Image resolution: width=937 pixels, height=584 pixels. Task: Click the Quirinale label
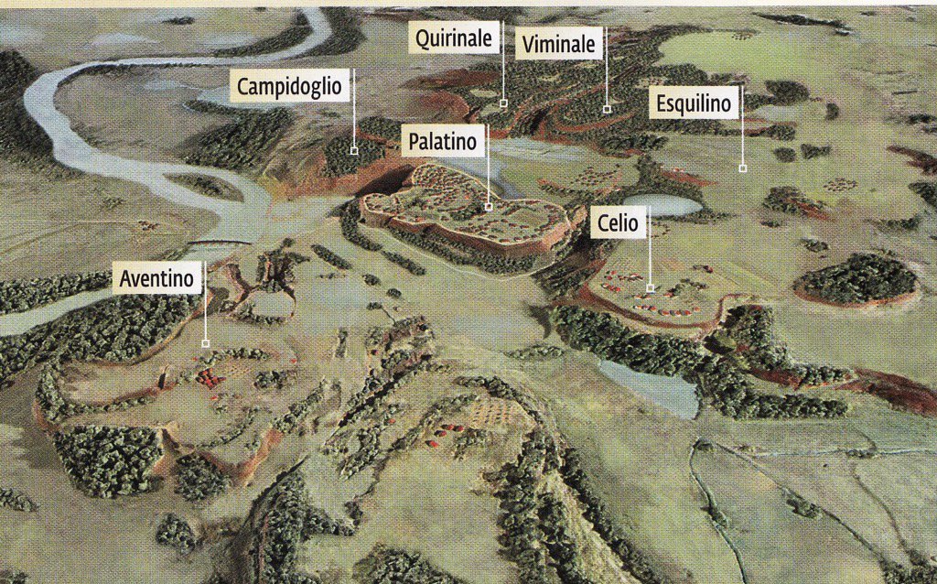tap(455, 38)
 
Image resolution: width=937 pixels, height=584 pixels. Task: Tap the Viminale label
tap(558, 43)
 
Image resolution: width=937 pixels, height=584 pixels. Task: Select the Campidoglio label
tap(289, 87)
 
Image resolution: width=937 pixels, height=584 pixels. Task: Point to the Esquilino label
tap(695, 104)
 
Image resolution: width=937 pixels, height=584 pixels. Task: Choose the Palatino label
tap(443, 142)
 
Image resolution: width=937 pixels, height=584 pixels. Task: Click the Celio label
tap(619, 222)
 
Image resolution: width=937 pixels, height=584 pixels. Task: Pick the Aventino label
tap(159, 277)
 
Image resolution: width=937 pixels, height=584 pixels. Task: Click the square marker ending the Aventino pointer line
tap(205, 343)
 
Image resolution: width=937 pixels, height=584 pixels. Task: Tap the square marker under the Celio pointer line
tap(650, 288)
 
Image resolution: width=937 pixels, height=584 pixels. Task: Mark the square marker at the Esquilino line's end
tap(742, 168)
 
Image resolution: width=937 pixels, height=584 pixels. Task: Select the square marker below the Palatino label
tap(488, 208)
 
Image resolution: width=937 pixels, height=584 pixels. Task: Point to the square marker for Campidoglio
tap(354, 149)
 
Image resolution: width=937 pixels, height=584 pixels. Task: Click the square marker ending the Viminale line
tap(606, 110)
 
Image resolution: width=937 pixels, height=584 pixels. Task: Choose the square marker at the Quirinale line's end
tap(503, 103)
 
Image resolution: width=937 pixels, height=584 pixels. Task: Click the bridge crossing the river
tap(220, 243)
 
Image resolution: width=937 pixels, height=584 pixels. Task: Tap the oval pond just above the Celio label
tap(661, 205)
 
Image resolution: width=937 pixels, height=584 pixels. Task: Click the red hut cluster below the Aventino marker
tap(210, 377)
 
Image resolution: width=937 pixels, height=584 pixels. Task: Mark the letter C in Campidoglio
tap(244, 88)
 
